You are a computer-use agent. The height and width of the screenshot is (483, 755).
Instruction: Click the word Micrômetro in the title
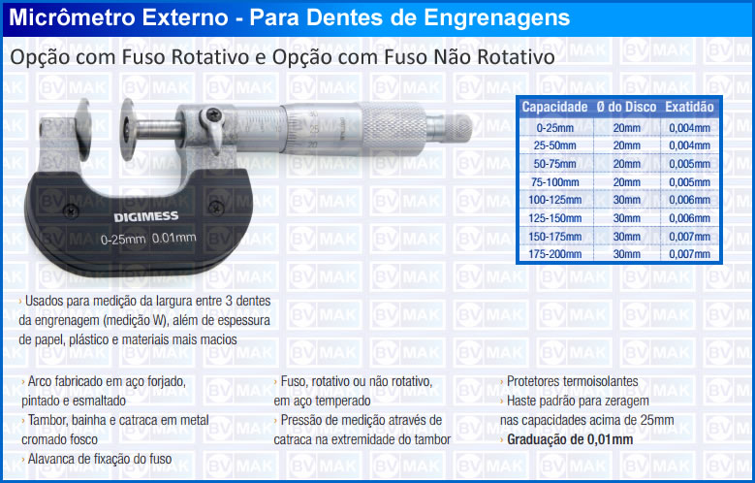[71, 17]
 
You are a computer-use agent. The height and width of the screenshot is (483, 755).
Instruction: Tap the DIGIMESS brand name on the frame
[146, 217]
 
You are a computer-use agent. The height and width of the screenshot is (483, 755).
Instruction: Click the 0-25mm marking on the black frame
[123, 240]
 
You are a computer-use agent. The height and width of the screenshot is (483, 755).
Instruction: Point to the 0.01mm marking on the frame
[173, 238]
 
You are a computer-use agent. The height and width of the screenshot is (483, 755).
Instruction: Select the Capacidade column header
[554, 107]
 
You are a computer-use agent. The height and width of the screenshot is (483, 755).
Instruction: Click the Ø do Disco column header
[626, 107]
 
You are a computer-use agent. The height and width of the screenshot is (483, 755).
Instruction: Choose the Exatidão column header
[689, 107]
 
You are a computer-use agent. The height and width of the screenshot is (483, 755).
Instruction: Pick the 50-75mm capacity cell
[554, 164]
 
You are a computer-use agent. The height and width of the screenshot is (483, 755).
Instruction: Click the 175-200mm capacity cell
[554, 254]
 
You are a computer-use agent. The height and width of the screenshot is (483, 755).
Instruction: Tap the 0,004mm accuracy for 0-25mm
[689, 128]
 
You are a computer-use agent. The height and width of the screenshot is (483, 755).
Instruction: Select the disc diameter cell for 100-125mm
[626, 200]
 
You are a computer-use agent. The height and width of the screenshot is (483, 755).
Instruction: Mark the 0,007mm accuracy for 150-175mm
[689, 237]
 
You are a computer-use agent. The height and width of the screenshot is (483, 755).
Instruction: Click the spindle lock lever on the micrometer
[213, 126]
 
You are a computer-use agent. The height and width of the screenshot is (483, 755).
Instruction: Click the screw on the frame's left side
[72, 210]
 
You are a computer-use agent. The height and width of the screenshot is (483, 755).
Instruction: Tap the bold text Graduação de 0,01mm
[570, 439]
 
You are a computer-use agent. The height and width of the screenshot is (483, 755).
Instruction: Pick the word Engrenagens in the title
[497, 18]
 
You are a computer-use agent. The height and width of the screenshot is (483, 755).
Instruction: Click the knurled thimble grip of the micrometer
[393, 128]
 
